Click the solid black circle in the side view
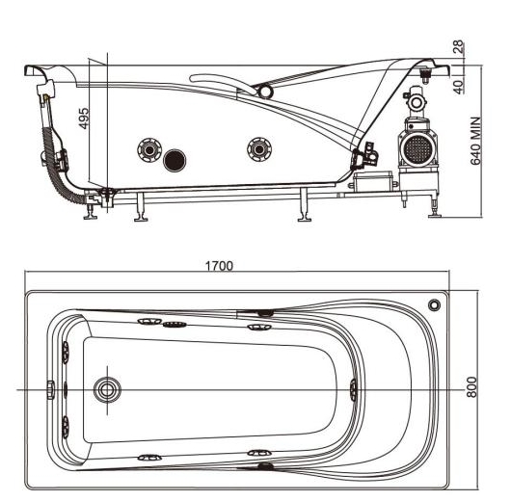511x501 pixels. point(175,159)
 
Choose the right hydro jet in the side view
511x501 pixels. point(256,148)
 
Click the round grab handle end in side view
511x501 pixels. point(263,92)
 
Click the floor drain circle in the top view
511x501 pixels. point(106,389)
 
